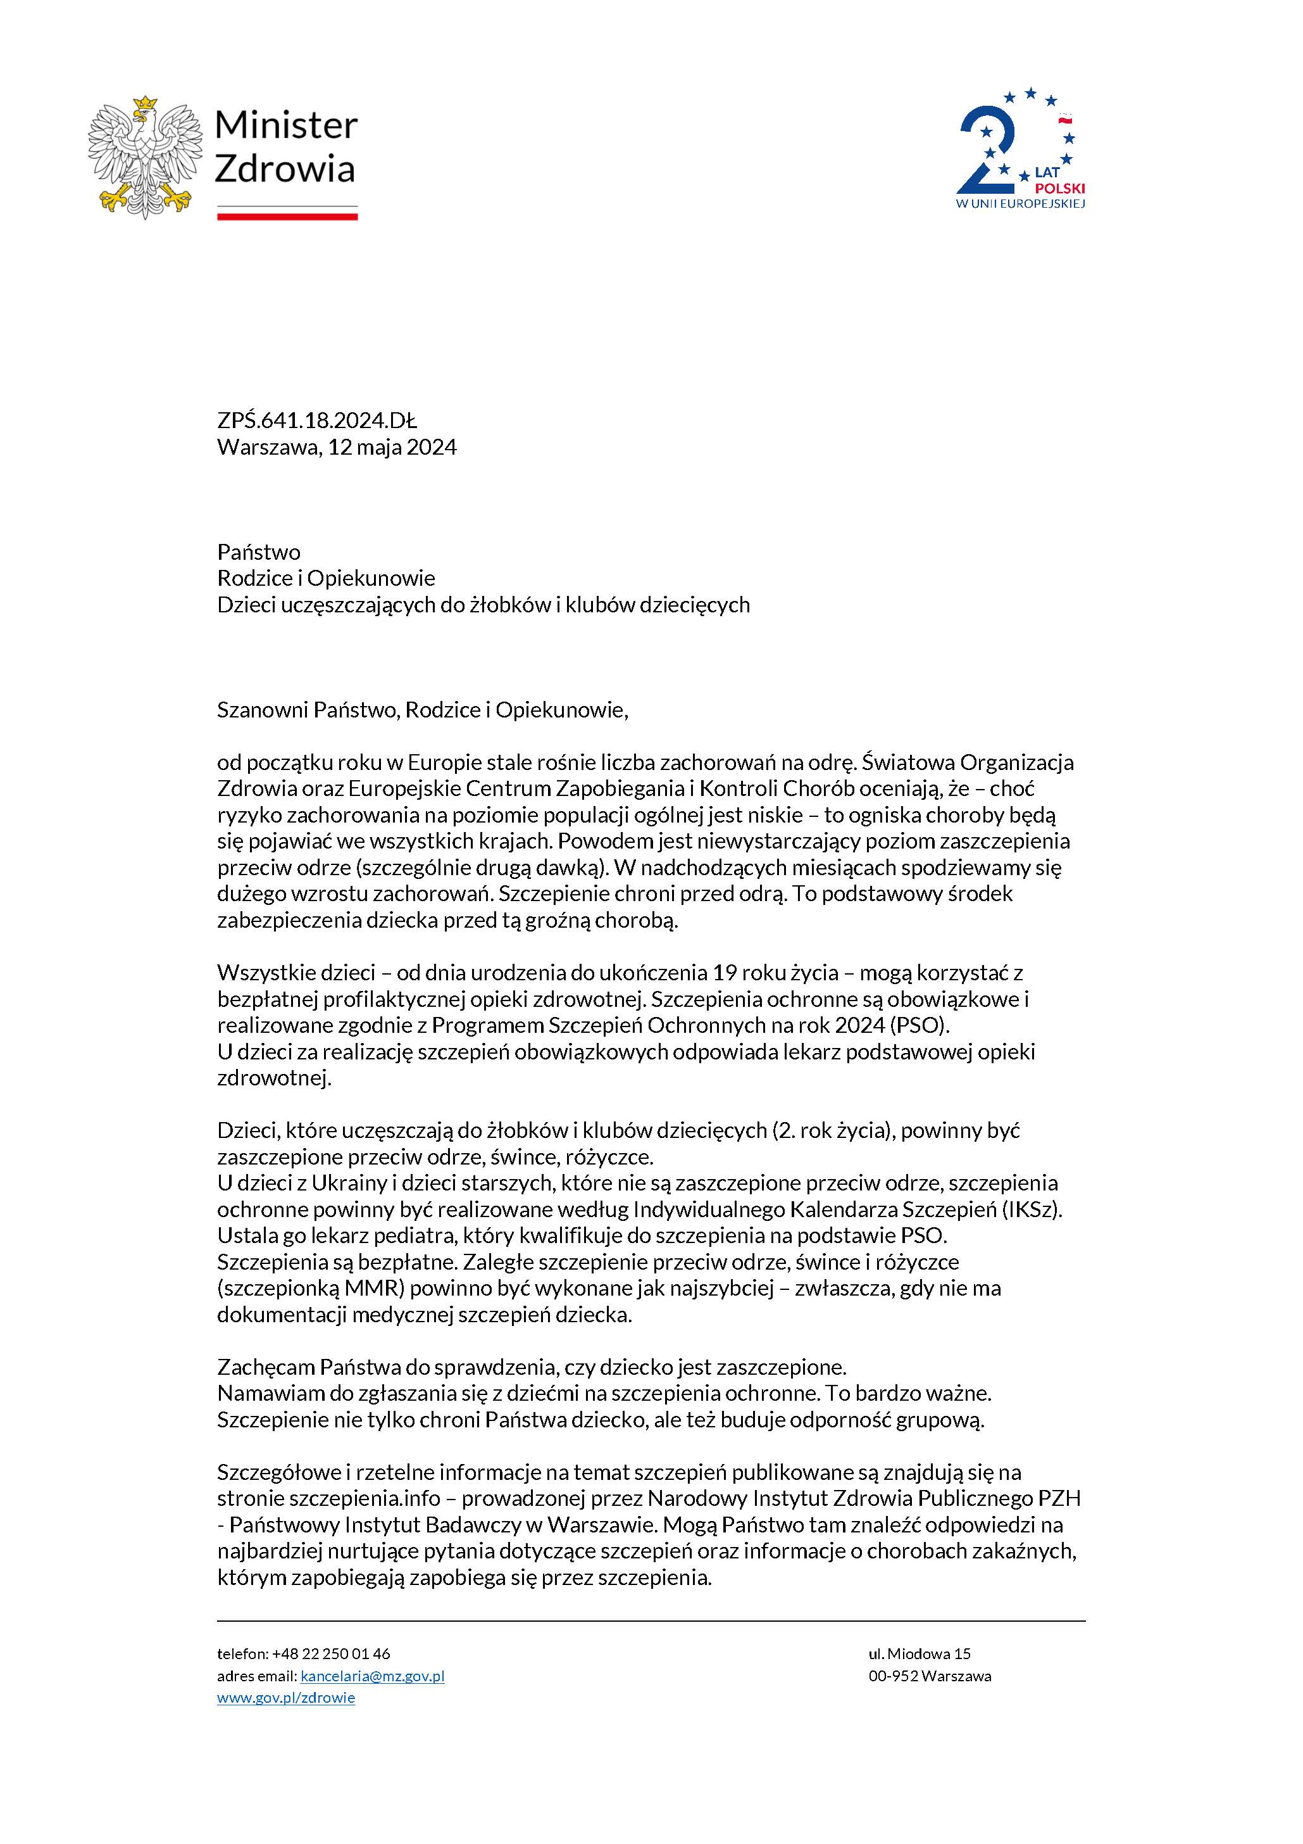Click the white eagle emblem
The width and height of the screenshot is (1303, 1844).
point(144,156)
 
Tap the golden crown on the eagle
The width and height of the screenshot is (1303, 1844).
point(144,104)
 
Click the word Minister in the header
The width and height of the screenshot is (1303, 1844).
point(286,125)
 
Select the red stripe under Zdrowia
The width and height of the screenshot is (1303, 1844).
point(287,216)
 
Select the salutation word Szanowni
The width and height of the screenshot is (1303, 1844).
point(263,710)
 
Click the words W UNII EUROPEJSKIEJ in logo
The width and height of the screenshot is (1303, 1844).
point(1019,204)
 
